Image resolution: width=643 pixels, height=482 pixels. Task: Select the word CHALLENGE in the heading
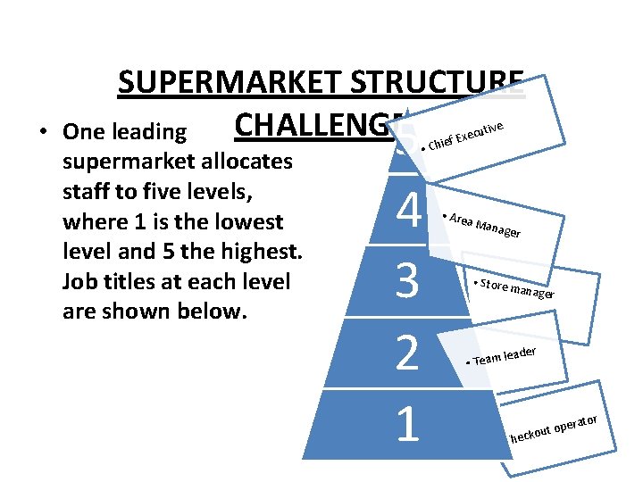point(313,128)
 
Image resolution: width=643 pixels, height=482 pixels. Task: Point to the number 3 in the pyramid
point(407,282)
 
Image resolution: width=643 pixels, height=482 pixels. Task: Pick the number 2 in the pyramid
point(407,353)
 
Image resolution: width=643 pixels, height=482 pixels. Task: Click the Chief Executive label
point(467,135)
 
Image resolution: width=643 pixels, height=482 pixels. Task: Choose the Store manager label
point(516,288)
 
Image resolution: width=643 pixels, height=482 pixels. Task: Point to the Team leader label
point(505,356)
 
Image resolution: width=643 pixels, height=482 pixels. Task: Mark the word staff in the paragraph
point(89,193)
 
